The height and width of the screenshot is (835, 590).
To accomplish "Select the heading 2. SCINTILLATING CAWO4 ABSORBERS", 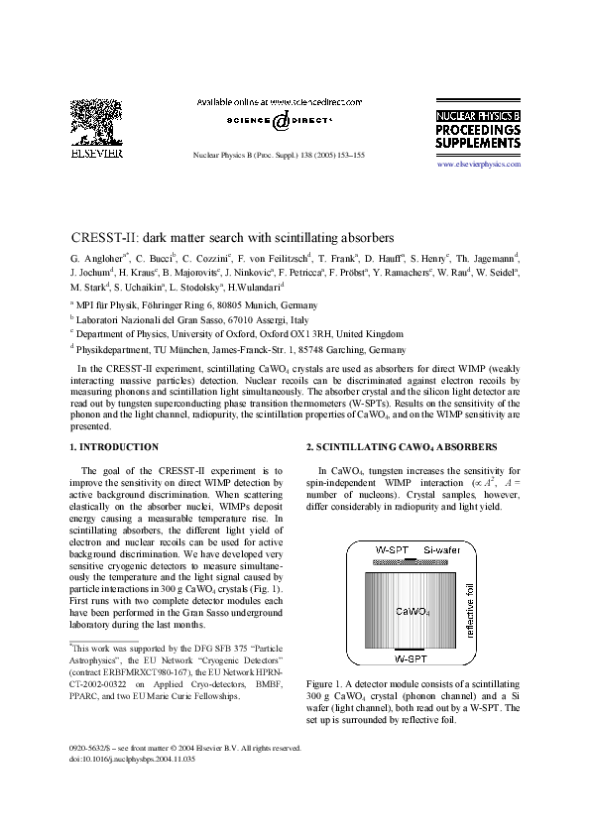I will click(x=387, y=447).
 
